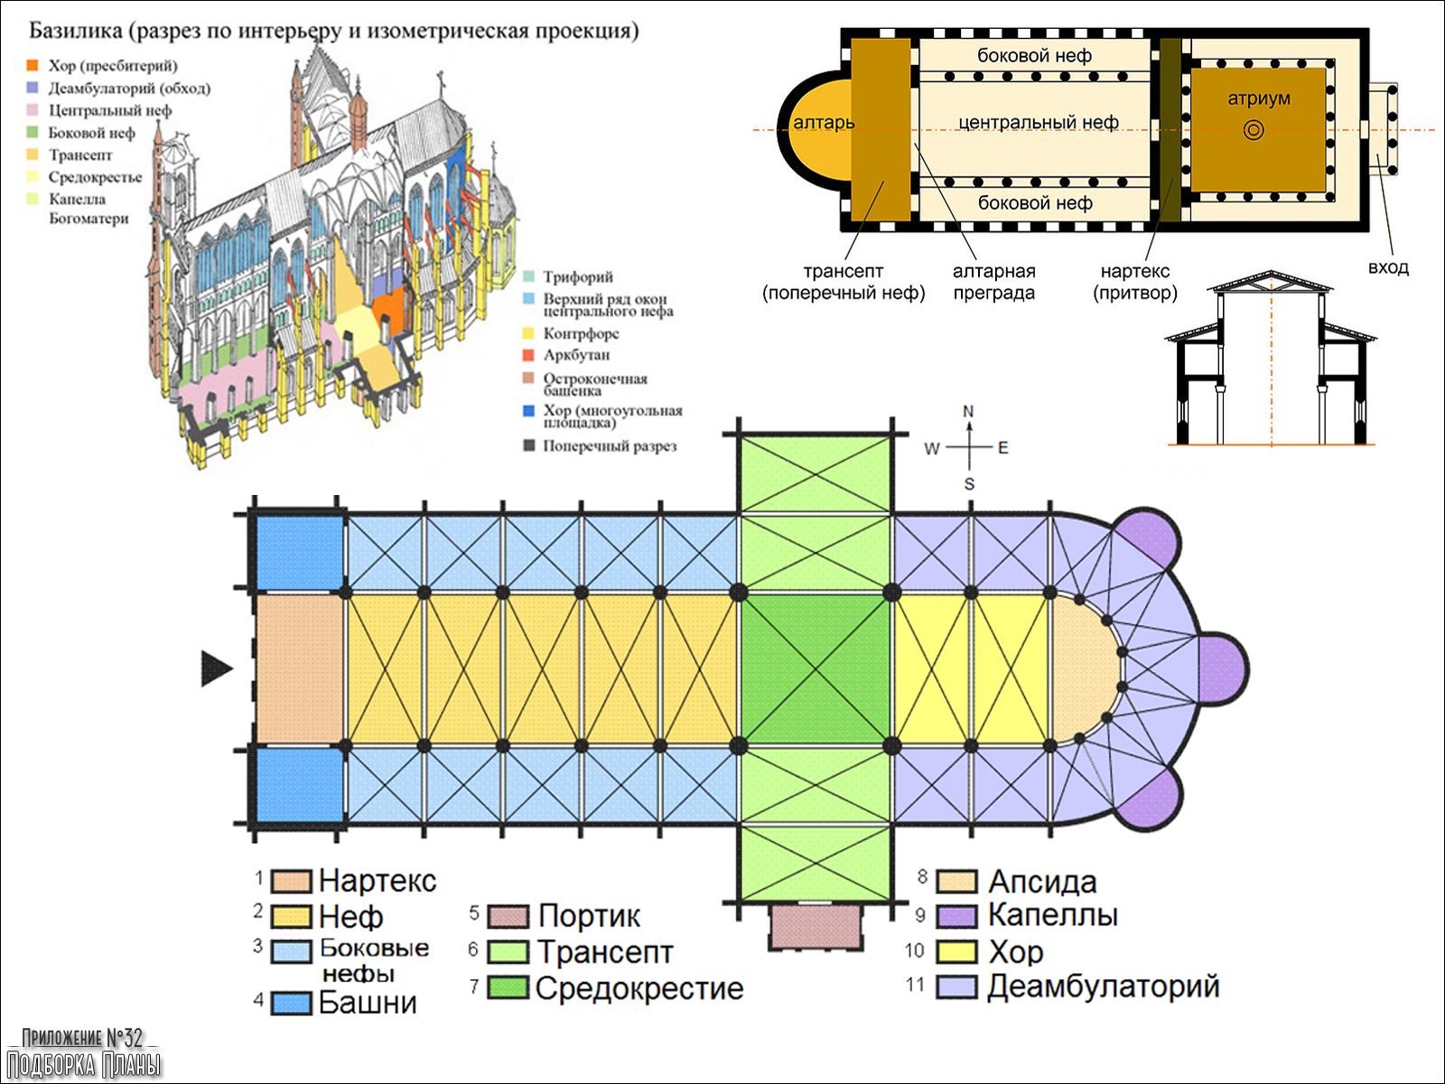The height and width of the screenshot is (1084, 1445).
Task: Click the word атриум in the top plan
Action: [x=1258, y=98]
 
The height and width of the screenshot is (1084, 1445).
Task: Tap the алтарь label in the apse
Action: [x=824, y=123]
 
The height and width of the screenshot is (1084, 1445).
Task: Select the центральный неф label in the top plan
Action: [x=1038, y=122]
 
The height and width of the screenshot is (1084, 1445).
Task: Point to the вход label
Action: [x=1388, y=267]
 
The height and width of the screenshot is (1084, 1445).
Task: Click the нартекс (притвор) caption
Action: [x=1135, y=282]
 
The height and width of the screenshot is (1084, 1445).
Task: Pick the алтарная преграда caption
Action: [x=994, y=282]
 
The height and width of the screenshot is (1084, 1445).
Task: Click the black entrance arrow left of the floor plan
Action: [x=216, y=668]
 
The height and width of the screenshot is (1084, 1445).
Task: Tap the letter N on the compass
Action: [x=968, y=412]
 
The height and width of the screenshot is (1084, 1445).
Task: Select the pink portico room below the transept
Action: [x=815, y=927]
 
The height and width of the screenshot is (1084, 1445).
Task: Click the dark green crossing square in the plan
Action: [x=816, y=668]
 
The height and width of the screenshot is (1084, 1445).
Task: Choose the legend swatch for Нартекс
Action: [x=292, y=881]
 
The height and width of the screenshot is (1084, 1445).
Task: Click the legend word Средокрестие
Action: [x=639, y=988]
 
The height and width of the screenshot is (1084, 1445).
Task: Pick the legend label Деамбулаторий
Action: [x=1103, y=986]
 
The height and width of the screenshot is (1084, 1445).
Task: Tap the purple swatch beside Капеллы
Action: [x=956, y=916]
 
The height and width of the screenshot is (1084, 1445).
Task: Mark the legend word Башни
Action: [x=368, y=1003]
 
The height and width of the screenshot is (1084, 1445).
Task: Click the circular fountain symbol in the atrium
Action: [x=1254, y=130]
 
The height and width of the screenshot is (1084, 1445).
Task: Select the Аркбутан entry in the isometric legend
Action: [x=576, y=355]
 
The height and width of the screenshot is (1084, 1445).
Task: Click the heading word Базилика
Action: [x=76, y=31]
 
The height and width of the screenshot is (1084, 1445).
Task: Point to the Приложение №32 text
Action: [x=82, y=1037]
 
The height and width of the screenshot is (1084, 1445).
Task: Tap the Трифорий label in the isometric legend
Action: [x=578, y=276]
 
